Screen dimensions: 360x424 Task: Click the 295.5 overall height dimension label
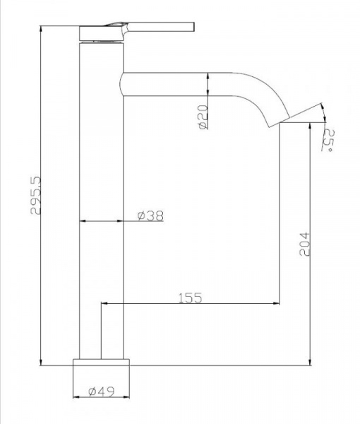click(35, 195)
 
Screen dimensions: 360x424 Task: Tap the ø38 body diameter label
click(150, 216)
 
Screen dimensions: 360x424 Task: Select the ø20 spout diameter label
click(203, 117)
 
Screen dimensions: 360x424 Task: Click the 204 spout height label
click(305, 243)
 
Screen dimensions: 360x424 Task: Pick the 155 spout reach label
click(190, 298)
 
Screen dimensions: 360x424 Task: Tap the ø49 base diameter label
click(102, 391)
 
